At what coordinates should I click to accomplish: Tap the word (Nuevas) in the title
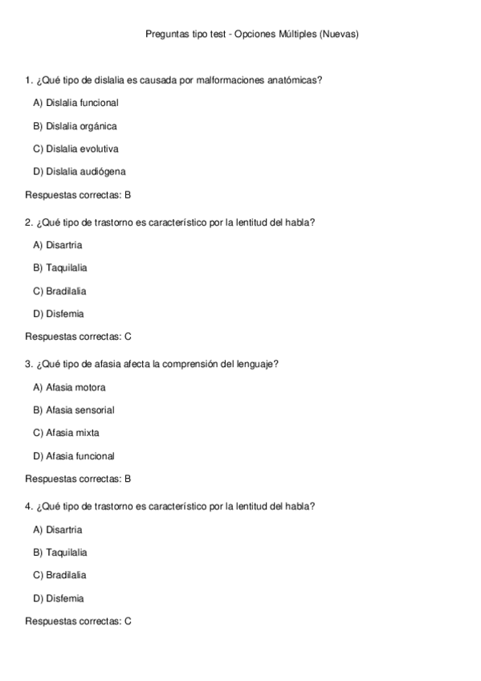tap(339, 35)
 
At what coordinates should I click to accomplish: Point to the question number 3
tap(28, 364)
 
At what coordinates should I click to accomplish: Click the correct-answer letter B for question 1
tap(128, 194)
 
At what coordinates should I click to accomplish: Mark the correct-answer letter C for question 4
tap(128, 621)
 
